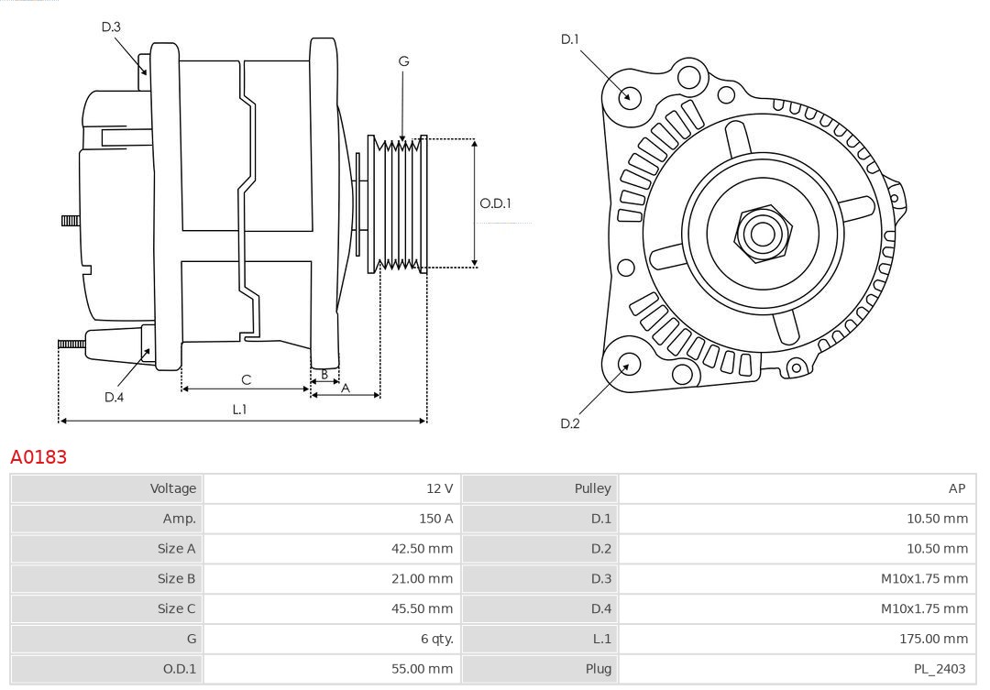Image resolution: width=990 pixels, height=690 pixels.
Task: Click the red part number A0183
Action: click(38, 456)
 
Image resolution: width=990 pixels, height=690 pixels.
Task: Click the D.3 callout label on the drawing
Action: click(111, 27)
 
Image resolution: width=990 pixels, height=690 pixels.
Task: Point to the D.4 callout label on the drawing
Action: click(114, 397)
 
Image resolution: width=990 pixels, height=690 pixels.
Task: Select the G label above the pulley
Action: click(403, 61)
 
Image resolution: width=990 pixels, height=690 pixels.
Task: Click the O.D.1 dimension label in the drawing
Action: click(495, 203)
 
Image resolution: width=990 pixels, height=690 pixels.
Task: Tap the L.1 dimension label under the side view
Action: click(239, 410)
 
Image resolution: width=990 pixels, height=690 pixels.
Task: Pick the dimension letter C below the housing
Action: click(246, 379)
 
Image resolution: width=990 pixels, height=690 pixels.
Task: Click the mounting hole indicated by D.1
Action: click(630, 96)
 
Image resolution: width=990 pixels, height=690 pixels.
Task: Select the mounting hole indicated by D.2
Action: click(628, 366)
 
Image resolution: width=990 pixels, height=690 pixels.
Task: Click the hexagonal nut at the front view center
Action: click(762, 233)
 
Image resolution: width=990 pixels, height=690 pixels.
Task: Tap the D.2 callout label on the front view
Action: click(570, 423)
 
